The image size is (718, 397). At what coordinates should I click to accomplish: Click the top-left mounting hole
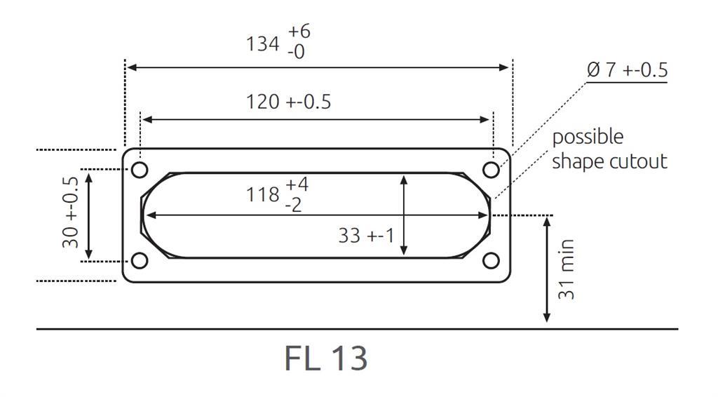[140, 170]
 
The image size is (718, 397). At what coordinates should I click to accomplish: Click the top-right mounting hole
[492, 170]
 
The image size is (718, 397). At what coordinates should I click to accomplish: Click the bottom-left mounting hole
[140, 261]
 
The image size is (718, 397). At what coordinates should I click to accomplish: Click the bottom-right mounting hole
[492, 261]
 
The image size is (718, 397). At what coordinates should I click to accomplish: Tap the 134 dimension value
[262, 43]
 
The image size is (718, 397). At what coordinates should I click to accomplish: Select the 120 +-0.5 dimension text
[288, 102]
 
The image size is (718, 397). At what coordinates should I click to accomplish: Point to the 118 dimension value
[262, 194]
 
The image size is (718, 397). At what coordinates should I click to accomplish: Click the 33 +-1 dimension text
[367, 236]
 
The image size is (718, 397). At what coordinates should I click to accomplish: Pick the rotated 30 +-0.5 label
[70, 215]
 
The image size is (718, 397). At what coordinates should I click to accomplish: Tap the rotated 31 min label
[567, 269]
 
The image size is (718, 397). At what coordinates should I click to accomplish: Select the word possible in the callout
[588, 137]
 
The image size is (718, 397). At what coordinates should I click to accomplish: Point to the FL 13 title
[326, 358]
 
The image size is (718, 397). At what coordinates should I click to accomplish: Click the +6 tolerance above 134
[299, 32]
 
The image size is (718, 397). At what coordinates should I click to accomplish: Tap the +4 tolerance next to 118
[297, 185]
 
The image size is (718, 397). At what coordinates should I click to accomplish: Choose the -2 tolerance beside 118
[294, 206]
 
